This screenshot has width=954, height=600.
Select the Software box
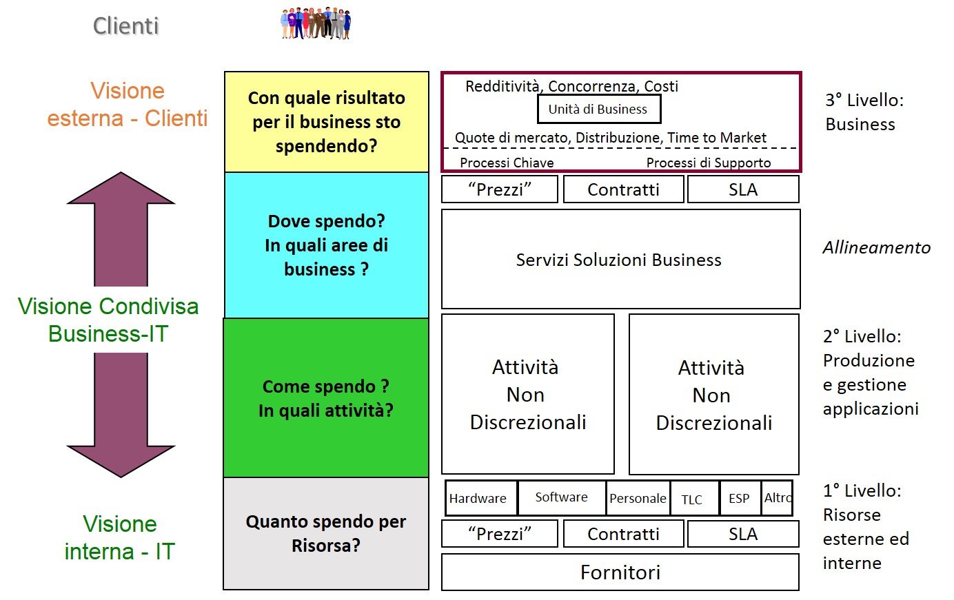pyautogui.click(x=561, y=497)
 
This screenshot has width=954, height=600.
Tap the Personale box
pyautogui.click(x=638, y=498)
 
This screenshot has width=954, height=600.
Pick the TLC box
pyautogui.click(x=693, y=499)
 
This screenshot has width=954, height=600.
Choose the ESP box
pyautogui.click(x=739, y=498)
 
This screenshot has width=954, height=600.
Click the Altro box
pyautogui.click(x=777, y=498)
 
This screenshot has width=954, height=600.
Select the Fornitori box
pyautogui.click(x=620, y=572)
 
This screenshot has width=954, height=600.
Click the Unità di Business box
pyautogui.click(x=598, y=109)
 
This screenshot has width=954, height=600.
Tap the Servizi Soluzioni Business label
pyautogui.click(x=618, y=260)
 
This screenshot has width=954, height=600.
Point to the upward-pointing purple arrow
pyautogui.click(x=121, y=228)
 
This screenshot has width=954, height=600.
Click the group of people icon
pyautogui.click(x=316, y=23)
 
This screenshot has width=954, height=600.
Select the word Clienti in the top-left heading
pyautogui.click(x=125, y=26)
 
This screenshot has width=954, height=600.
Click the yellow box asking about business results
pyautogui.click(x=326, y=122)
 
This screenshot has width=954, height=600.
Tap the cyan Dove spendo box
pyautogui.click(x=326, y=245)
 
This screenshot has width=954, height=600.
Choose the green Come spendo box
pyautogui.click(x=326, y=398)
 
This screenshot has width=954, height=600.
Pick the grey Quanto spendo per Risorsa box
pyautogui.click(x=326, y=533)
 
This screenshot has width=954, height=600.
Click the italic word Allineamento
pyautogui.click(x=876, y=247)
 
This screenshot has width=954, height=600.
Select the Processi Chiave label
pyautogui.click(x=507, y=163)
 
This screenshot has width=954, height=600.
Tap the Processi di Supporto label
pyautogui.click(x=708, y=163)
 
